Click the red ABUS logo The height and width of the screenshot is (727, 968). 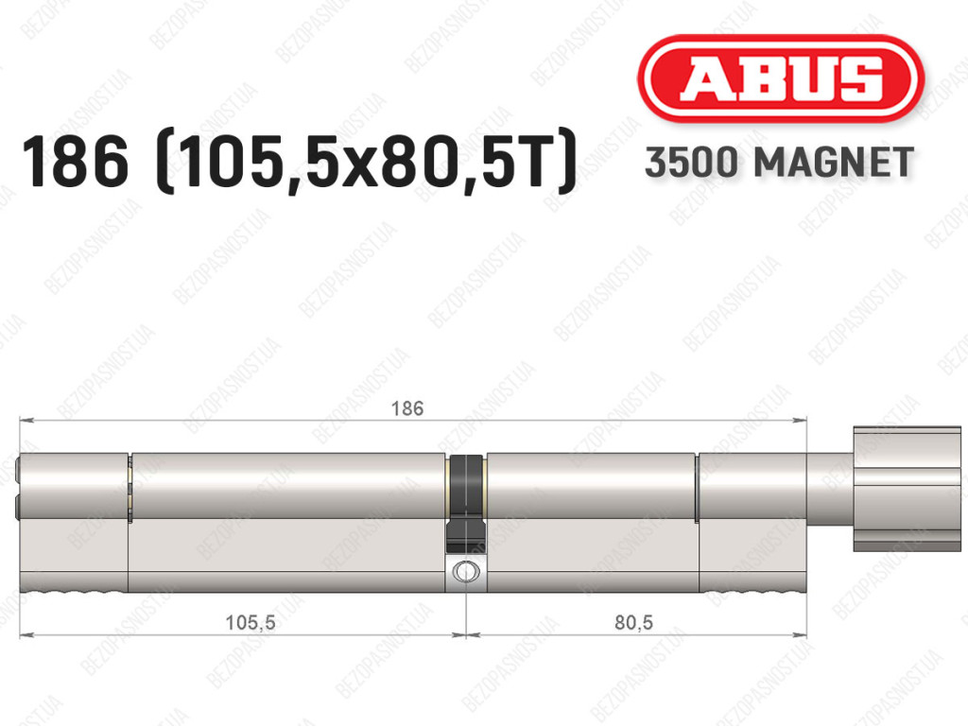pos(780,78)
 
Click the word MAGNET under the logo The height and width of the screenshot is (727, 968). pos(834,163)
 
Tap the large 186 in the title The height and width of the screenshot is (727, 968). pos(76,162)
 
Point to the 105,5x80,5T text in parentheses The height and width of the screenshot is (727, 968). pos(367,163)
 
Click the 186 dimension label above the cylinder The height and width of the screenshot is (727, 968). pos(407,408)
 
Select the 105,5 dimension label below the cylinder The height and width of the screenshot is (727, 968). pos(250,622)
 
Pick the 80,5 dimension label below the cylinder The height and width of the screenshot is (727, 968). pos(633,622)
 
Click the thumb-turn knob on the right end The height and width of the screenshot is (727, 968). pos(907,488)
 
